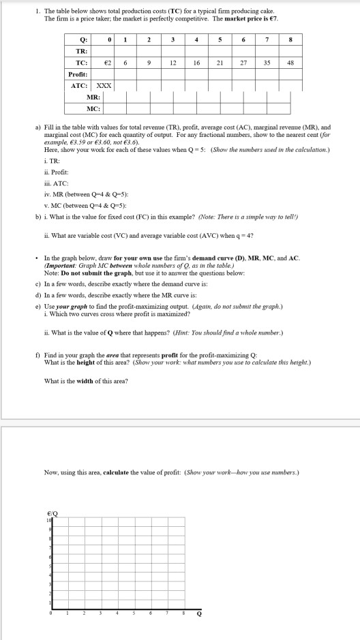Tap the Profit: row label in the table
(x=76, y=74)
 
